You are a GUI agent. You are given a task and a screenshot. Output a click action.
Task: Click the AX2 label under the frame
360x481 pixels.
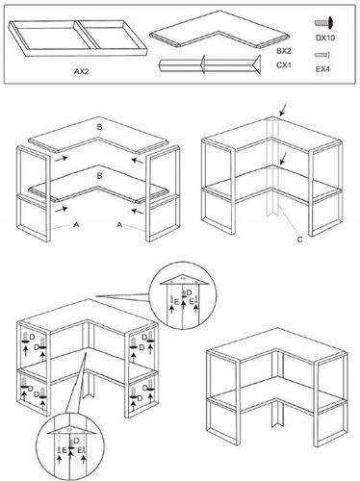coord(82,71)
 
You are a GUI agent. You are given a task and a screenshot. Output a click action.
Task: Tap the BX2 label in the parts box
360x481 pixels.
coord(284,51)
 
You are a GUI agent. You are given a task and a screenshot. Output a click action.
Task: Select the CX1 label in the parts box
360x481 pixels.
coord(284,65)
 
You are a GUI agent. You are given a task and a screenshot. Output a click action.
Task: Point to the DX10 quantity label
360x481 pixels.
coord(325,38)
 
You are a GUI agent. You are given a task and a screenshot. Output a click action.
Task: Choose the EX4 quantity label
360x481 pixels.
coord(322,69)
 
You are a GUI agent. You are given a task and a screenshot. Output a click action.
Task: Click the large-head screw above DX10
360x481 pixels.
coord(324,23)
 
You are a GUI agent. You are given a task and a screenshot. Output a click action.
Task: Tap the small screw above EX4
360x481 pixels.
coord(322,55)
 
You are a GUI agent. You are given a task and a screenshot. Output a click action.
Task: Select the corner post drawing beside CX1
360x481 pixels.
coord(209,64)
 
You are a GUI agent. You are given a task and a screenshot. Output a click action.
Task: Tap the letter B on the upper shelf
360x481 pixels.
coord(99,127)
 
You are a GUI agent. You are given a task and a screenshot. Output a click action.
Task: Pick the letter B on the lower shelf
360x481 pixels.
coord(99,176)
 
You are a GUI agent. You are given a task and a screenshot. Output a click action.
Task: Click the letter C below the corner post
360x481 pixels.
coord(299,240)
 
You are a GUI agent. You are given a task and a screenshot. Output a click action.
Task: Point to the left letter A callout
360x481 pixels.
coord(76,225)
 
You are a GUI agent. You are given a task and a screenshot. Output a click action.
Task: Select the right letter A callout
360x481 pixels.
coord(119,225)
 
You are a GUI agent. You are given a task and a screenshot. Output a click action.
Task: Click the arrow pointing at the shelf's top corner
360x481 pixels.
coord(282,110)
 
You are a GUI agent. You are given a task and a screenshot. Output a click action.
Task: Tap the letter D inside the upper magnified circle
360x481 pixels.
coord(189,292)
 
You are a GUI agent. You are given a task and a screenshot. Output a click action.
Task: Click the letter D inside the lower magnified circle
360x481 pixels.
coord(76,441)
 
